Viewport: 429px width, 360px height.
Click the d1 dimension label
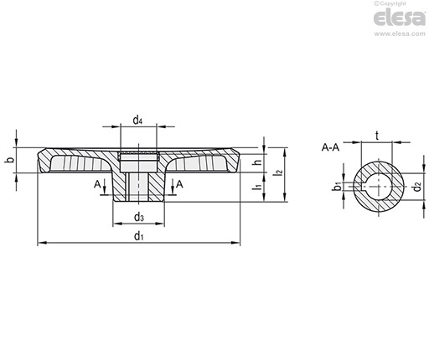click(x=138, y=236)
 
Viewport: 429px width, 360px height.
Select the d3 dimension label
click(x=139, y=217)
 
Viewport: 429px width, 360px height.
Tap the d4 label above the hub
click(x=137, y=121)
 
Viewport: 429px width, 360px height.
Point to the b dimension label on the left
click(x=10, y=160)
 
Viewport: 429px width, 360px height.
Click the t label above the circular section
click(x=377, y=136)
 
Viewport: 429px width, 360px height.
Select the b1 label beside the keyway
click(x=338, y=186)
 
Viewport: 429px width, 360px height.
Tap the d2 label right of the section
click(x=417, y=186)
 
